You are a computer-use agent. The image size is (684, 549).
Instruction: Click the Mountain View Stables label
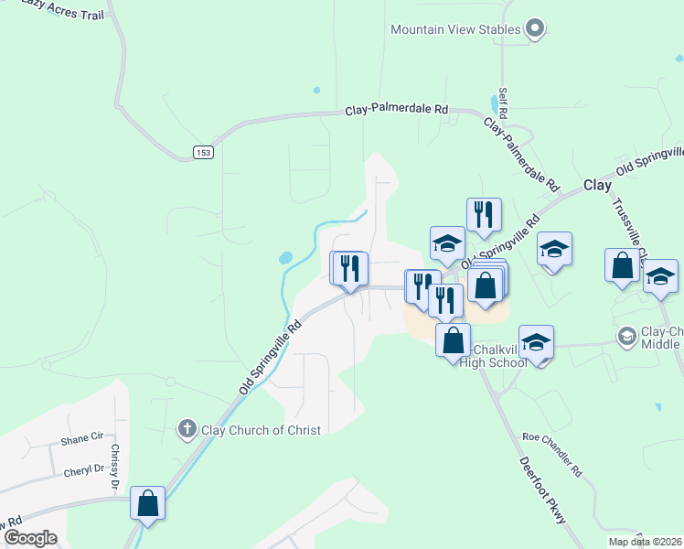[455, 29]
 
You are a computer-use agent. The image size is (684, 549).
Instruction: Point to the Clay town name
[597, 185]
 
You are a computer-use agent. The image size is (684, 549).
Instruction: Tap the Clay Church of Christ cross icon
[187, 428]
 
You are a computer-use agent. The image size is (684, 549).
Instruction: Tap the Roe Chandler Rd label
[551, 454]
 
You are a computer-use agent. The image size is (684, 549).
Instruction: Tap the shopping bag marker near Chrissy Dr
[147, 503]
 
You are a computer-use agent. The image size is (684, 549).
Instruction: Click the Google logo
[30, 538]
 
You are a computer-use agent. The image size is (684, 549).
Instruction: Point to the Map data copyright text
[646, 542]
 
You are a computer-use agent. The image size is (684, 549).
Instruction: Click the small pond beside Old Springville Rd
[286, 259]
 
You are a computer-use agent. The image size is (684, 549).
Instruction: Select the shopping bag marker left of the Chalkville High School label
[453, 340]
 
